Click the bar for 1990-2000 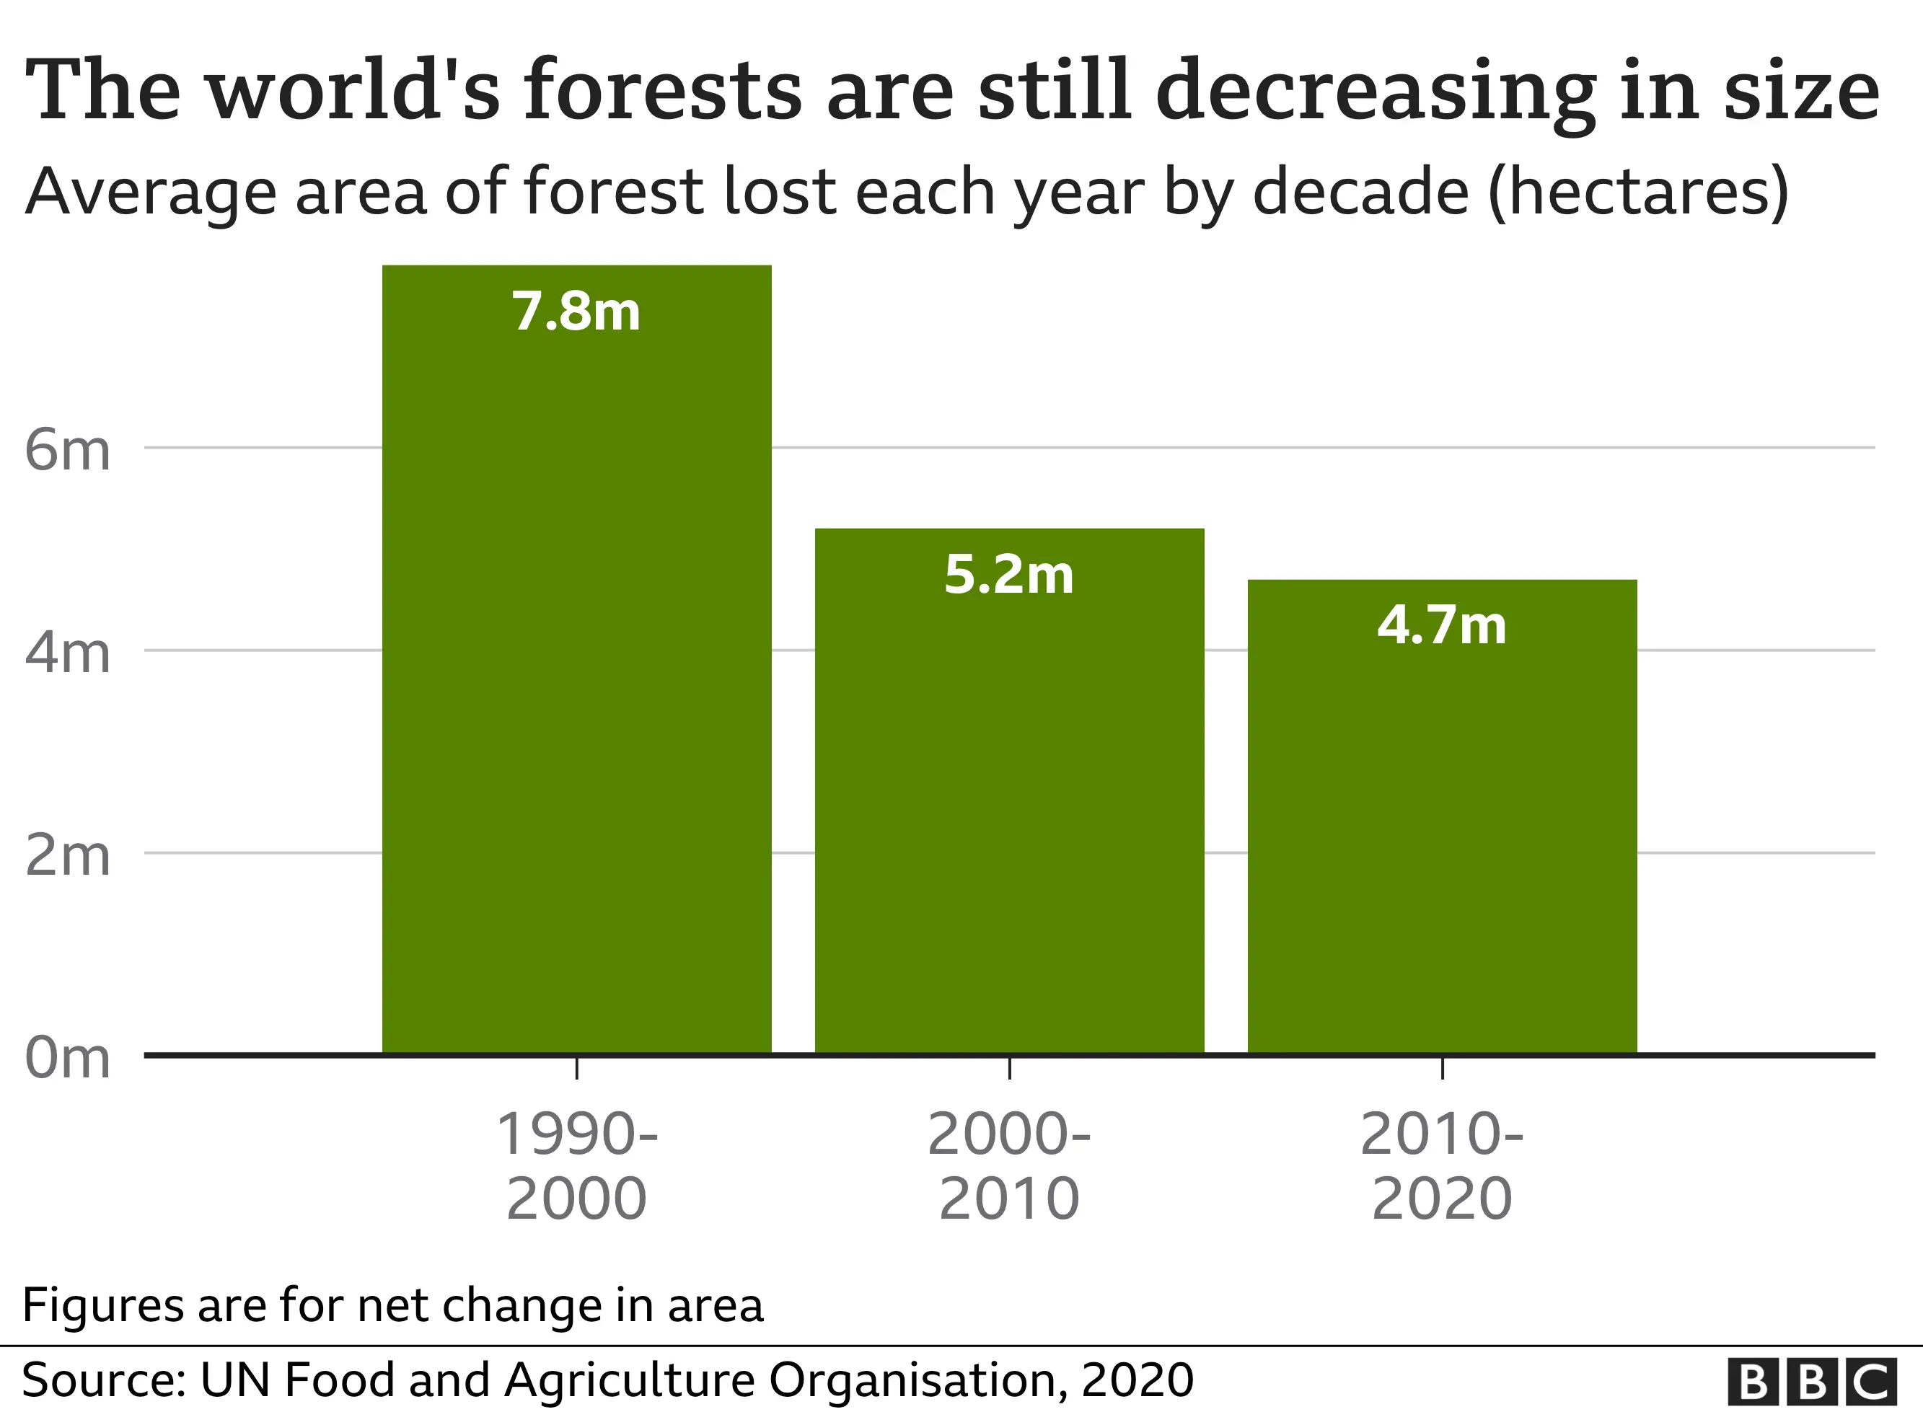pyautogui.click(x=576, y=684)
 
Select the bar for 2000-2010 pyautogui.click(x=1008, y=812)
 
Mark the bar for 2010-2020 pyautogui.click(x=1442, y=838)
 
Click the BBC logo pyautogui.click(x=1812, y=1381)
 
